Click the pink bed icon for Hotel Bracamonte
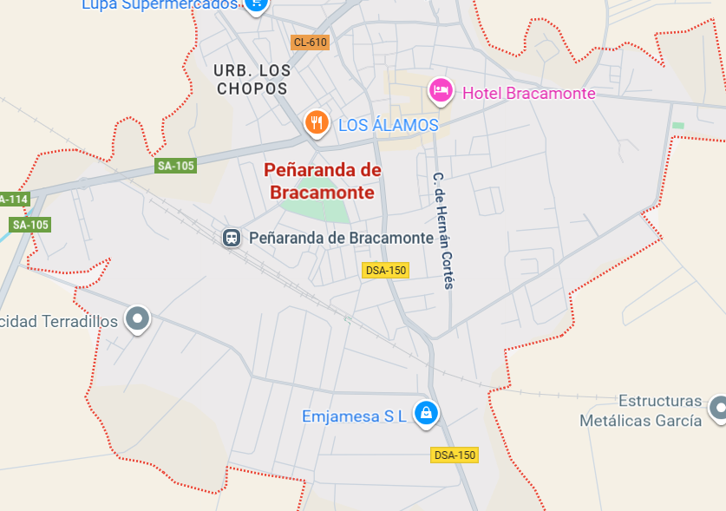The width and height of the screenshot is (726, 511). click(x=441, y=90)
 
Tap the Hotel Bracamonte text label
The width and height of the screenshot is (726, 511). click(x=529, y=94)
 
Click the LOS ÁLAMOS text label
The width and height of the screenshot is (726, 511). click(x=388, y=126)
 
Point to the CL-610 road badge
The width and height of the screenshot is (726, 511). click(x=310, y=43)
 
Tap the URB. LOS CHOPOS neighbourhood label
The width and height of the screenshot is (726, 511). click(x=252, y=79)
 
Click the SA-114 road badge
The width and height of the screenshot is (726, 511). click(x=13, y=200)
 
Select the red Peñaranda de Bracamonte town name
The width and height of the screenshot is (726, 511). click(x=323, y=181)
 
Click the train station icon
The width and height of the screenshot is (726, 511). click(x=232, y=238)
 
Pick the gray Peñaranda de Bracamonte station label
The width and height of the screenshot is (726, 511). click(x=341, y=238)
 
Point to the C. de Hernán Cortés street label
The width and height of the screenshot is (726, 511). click(x=443, y=230)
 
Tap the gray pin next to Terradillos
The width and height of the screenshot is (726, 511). click(x=137, y=319)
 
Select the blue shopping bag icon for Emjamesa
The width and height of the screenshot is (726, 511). click(x=426, y=413)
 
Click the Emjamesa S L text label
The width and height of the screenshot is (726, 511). click(x=354, y=416)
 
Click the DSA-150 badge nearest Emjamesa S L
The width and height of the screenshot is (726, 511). click(x=455, y=455)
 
